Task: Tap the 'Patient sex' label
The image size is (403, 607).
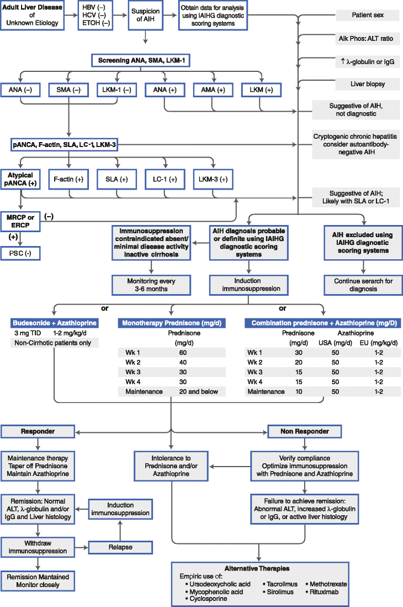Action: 368,15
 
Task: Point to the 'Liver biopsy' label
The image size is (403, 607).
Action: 368,84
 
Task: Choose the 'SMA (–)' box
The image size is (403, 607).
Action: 68,90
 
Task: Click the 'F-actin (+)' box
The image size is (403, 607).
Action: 68,179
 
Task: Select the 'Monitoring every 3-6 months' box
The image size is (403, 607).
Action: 151,285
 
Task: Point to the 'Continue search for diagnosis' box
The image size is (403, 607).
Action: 363,285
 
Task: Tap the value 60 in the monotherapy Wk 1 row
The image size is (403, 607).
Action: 183,352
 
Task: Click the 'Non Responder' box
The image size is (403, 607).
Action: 304,431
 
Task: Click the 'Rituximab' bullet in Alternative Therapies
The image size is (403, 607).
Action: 326,591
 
